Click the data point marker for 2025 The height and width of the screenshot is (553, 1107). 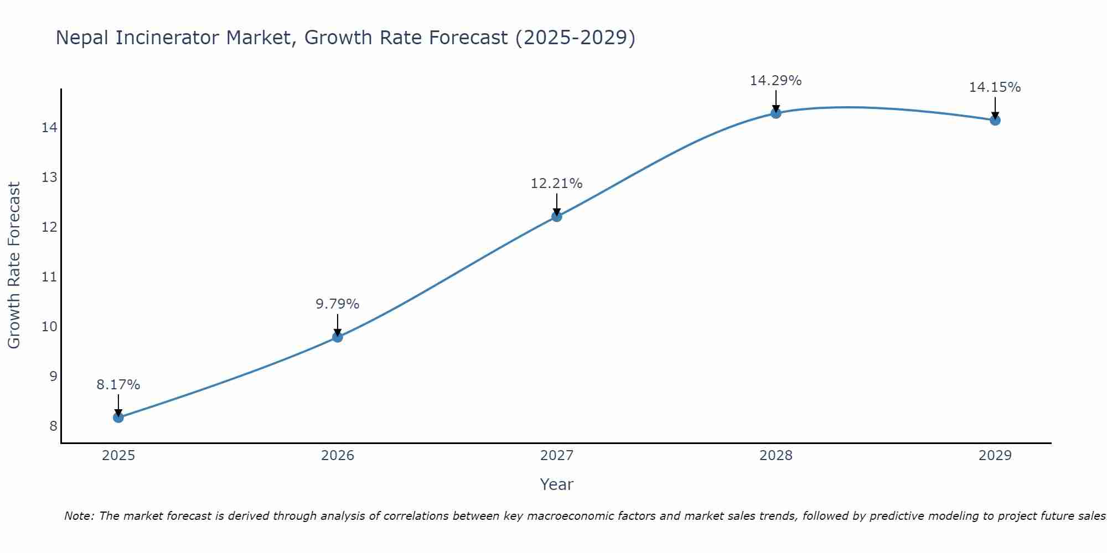(118, 417)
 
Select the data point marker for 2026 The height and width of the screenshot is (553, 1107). (337, 337)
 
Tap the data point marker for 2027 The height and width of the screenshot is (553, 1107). (556, 216)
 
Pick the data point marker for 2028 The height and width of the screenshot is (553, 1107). (775, 113)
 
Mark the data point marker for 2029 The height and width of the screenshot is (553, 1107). (995, 120)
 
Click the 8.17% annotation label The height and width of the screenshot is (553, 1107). (118, 384)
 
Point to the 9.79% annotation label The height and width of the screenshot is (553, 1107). (337, 304)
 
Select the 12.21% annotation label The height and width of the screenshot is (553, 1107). (556, 183)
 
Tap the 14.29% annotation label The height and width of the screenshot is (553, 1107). (775, 80)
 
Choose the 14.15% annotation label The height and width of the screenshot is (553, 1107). (995, 87)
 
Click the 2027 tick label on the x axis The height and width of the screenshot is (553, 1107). (556, 456)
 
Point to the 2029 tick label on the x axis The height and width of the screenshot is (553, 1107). (995, 456)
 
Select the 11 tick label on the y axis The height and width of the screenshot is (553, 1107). (49, 277)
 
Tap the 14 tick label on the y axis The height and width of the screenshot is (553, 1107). (49, 128)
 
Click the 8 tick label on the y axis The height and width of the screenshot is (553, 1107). (53, 426)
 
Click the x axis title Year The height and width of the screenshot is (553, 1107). (556, 484)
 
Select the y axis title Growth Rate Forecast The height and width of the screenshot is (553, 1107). (14, 265)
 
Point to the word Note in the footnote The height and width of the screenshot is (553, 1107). (79, 516)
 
